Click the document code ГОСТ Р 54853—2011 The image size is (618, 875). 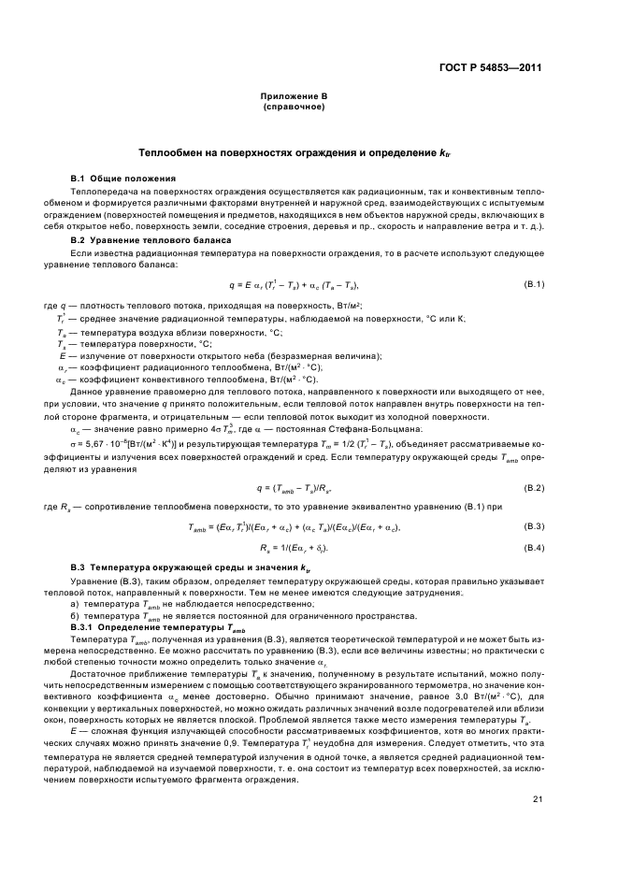point(492,68)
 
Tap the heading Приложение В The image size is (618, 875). point(294,96)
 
